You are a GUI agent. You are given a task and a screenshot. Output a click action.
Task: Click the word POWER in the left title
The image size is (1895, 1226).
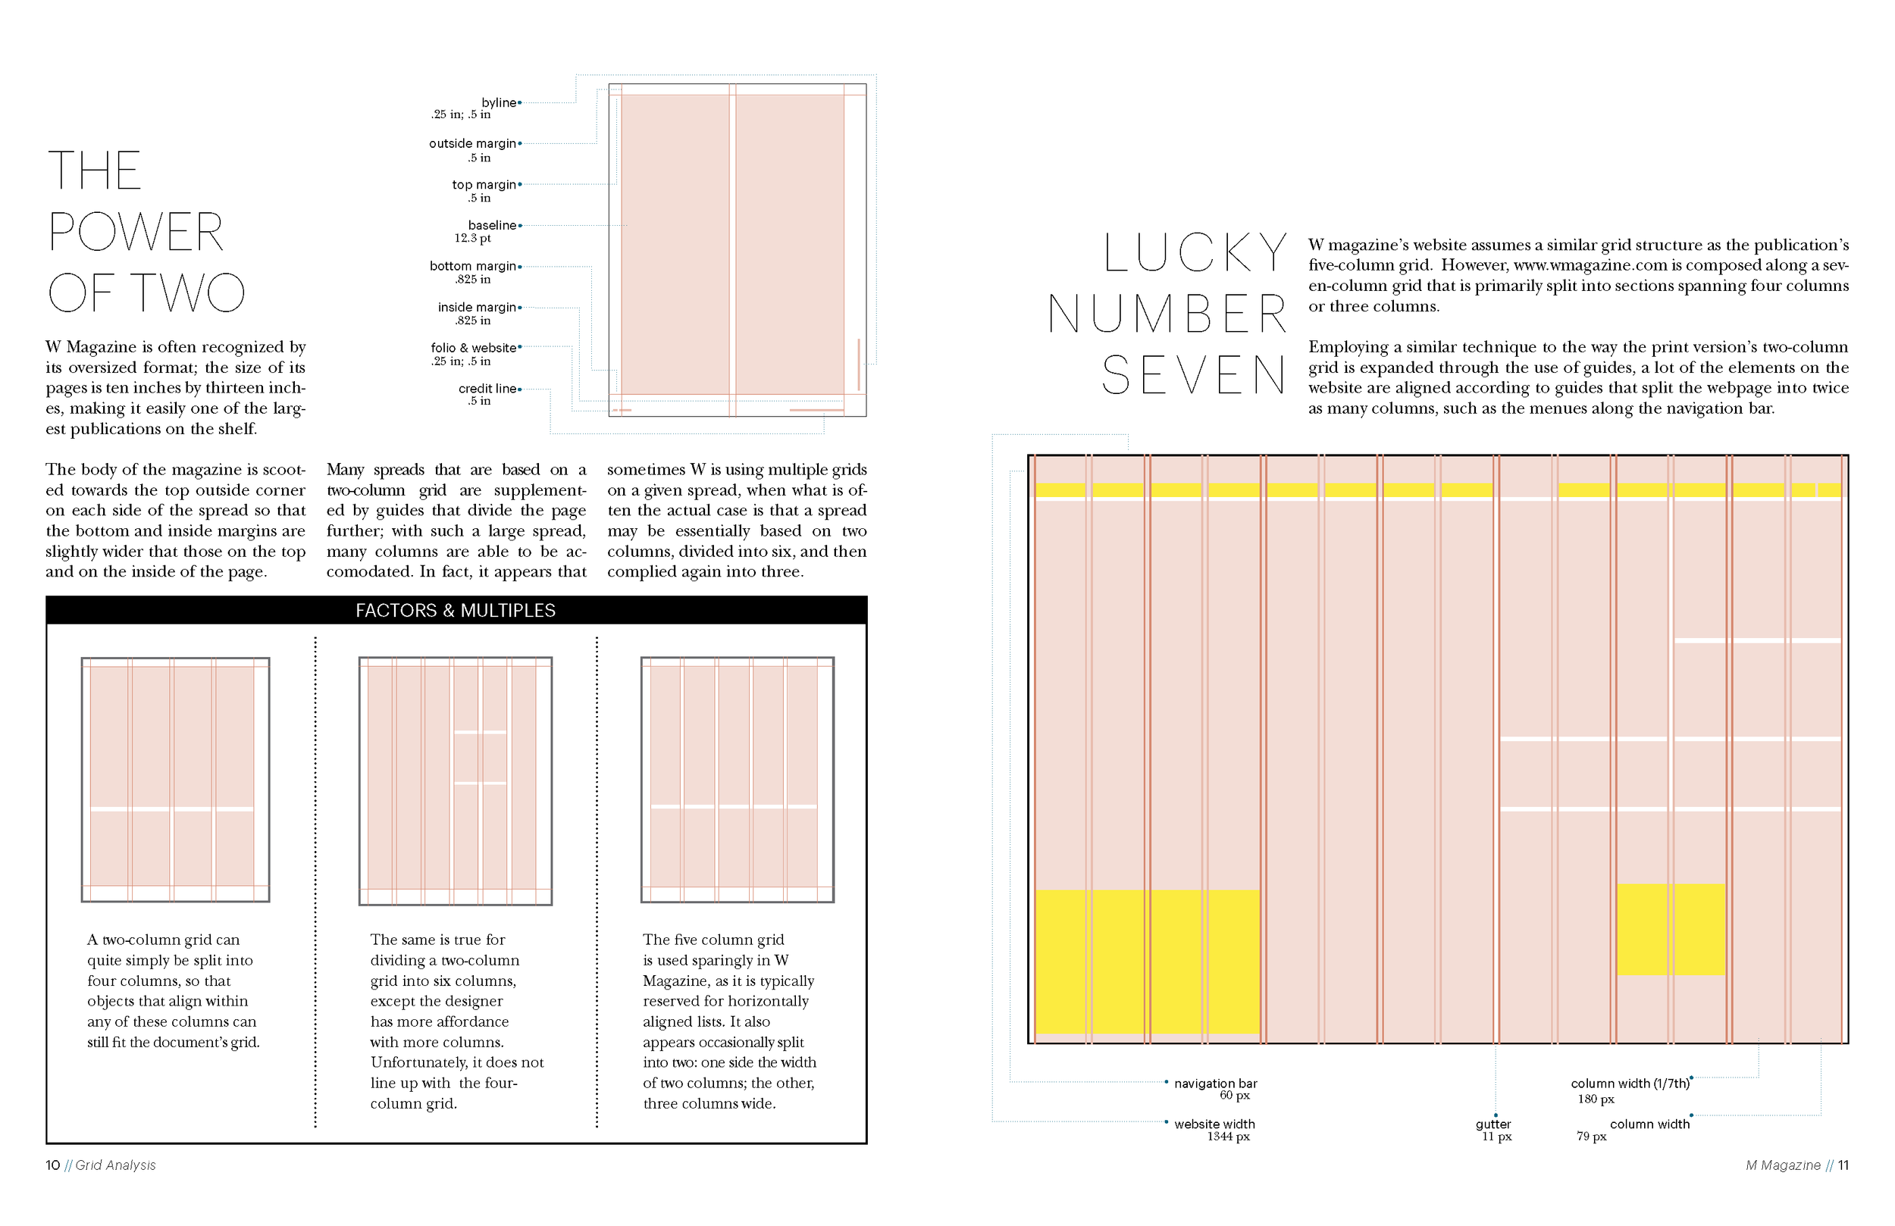pyautogui.click(x=136, y=233)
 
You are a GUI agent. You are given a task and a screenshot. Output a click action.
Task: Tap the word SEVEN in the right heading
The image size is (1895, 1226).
pyautogui.click(x=1194, y=376)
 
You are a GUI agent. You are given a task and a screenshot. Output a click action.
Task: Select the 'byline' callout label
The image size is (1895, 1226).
pyautogui.click(x=500, y=103)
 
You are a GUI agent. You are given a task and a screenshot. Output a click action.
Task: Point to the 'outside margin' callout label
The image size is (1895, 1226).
pyautogui.click(x=473, y=143)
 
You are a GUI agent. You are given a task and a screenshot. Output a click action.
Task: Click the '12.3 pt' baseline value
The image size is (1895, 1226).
pyautogui.click(x=472, y=238)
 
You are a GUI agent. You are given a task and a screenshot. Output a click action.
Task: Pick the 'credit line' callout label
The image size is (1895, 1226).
pyautogui.click(x=487, y=389)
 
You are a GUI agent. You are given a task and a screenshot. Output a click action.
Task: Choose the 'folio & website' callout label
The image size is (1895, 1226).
pyautogui.click(x=474, y=348)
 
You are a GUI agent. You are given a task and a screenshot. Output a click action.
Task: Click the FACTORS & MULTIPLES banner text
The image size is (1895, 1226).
pyautogui.click(x=456, y=611)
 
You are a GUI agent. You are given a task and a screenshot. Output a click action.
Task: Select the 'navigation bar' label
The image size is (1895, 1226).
pyautogui.click(x=1215, y=1084)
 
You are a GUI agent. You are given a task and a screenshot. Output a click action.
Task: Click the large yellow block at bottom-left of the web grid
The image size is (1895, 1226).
pyautogui.click(x=1147, y=962)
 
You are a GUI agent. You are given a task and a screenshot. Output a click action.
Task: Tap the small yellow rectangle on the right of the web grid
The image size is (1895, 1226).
pyautogui.click(x=1671, y=929)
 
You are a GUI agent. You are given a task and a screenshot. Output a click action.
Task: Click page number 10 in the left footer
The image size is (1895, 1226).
pyautogui.click(x=52, y=1165)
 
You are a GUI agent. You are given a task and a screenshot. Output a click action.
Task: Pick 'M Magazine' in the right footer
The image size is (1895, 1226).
pyautogui.click(x=1782, y=1165)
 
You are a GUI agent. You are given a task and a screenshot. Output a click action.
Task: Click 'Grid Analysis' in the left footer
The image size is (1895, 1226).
pyautogui.click(x=115, y=1165)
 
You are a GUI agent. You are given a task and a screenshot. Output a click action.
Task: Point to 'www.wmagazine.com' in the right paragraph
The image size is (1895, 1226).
pyautogui.click(x=1590, y=265)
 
